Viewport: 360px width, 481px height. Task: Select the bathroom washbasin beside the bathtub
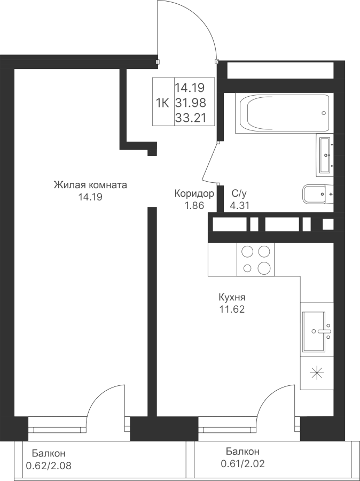click(325, 155)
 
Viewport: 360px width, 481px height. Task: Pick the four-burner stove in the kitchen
click(255, 260)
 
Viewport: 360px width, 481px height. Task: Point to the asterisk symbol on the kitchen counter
click(317, 373)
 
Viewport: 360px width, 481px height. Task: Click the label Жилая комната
click(90, 185)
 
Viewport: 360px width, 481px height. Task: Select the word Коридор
click(194, 193)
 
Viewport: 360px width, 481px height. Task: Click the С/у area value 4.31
click(239, 205)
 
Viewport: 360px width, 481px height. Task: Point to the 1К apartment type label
click(162, 103)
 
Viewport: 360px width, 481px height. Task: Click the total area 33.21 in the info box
click(190, 118)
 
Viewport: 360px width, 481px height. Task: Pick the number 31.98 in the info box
click(190, 103)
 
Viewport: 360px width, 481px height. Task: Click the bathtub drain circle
click(324, 113)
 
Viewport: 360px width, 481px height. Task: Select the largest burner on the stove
click(264, 268)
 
